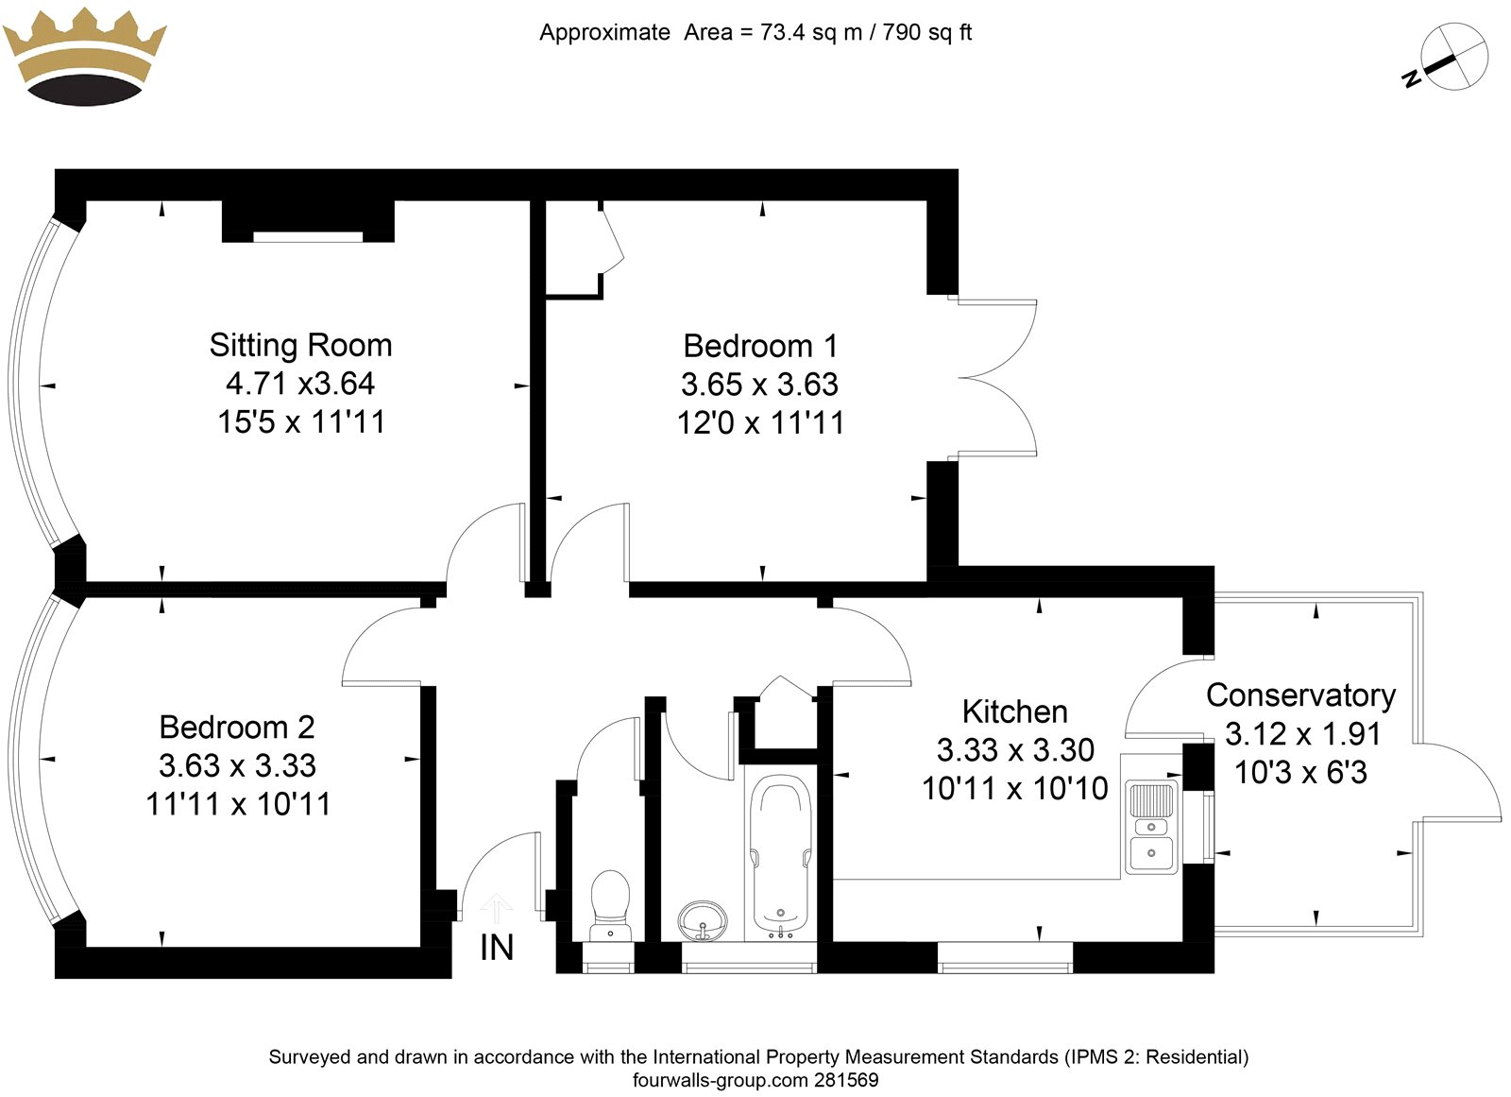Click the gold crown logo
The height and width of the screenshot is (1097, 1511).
84,57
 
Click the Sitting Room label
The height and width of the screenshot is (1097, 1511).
301,345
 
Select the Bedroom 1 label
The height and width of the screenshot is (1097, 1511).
761,347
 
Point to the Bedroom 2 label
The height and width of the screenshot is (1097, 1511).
237,728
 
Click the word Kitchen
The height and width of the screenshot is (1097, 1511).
1015,712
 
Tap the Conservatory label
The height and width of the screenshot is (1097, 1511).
1301,696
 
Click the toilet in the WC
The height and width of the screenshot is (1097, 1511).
610,905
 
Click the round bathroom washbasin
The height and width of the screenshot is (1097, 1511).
703,919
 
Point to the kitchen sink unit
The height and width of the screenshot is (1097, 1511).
1151,825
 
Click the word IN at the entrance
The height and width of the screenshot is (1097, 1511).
497,948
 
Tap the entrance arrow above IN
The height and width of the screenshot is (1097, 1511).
496,908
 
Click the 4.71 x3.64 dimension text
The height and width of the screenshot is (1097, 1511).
300,384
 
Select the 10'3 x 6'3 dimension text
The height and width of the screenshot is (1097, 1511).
1301,772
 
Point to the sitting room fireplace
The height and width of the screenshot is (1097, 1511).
308,221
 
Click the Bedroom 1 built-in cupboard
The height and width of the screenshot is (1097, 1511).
573,249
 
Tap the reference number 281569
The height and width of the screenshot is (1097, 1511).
846,1080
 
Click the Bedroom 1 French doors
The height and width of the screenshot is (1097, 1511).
997,377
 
